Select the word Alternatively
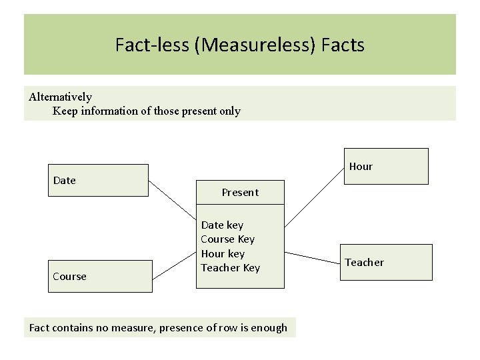point(61,97)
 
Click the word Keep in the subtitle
point(65,111)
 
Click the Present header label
point(240,192)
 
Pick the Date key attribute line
point(222,225)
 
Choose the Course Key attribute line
point(227,239)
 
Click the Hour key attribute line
point(223,254)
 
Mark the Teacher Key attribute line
point(230,268)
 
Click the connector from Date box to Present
point(172,198)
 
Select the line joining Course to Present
point(175,267)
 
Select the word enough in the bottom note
point(269,327)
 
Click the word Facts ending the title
point(343,45)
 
